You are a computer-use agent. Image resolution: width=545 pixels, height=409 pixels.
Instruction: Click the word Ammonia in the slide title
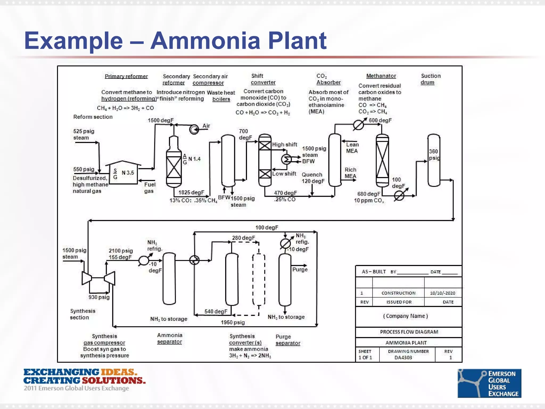coord(205,41)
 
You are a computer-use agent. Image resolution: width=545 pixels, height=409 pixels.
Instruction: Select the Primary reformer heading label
coord(126,76)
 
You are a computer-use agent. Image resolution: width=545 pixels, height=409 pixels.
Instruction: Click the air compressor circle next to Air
coord(194,129)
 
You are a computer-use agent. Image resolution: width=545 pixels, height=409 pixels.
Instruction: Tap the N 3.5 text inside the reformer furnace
coord(128,173)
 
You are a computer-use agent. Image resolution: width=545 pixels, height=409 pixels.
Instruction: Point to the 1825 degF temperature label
coord(191,193)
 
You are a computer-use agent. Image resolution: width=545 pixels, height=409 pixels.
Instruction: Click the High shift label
coord(284,145)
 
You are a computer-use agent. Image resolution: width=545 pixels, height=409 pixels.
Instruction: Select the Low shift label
coord(284,174)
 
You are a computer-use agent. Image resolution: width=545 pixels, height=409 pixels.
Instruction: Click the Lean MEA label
coord(352,148)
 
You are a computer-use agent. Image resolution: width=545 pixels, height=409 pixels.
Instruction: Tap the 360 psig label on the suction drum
coord(434,155)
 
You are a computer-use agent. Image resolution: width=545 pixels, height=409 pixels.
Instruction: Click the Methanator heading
coord(381,76)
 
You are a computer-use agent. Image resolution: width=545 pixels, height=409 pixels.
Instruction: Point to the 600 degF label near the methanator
coord(380,120)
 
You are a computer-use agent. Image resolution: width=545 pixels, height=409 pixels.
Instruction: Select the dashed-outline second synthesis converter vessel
coord(258,280)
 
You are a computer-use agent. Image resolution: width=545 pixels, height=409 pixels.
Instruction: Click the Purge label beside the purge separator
coord(300,269)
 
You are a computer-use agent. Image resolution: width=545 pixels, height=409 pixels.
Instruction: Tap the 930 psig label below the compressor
coord(99,297)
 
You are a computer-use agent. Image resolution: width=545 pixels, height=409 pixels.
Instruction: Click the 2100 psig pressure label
coord(121,251)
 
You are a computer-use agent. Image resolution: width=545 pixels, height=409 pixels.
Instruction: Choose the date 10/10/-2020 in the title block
coord(443,293)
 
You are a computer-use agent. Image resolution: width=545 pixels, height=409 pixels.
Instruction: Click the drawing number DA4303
coord(403,358)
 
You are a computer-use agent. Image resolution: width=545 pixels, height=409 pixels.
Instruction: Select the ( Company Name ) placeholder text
coord(405,316)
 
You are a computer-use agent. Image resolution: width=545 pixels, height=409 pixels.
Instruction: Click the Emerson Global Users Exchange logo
coord(489,383)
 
